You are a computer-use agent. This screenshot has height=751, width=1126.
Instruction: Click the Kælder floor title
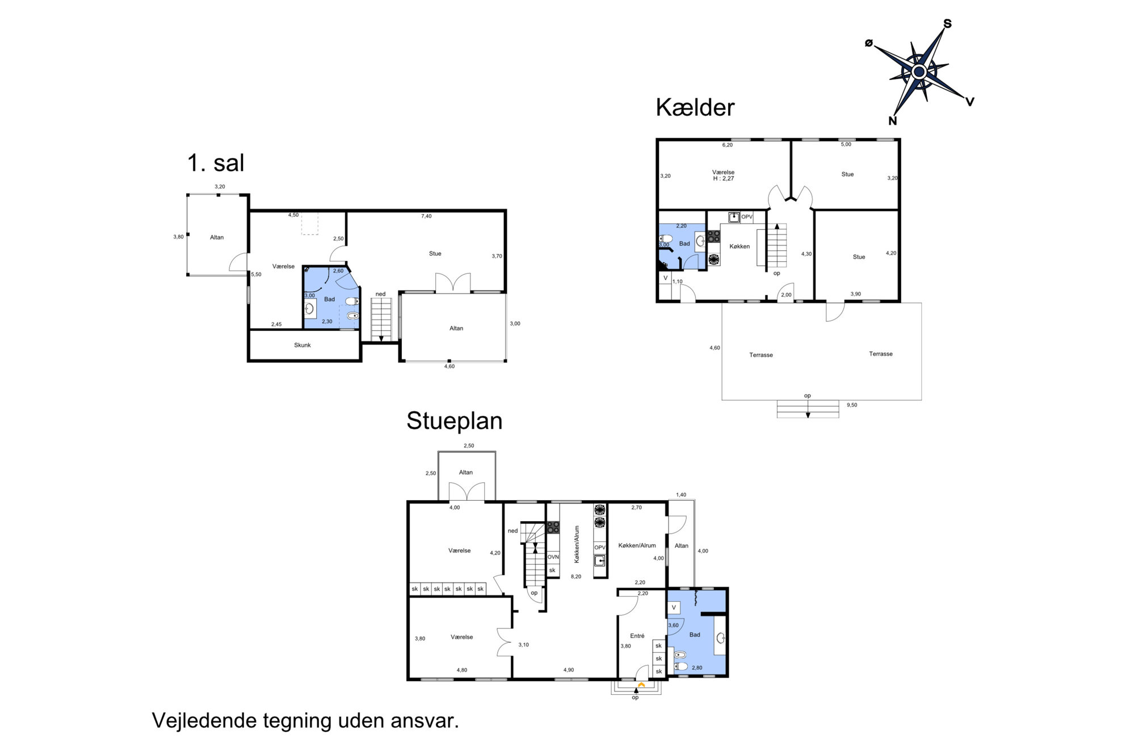click(x=695, y=107)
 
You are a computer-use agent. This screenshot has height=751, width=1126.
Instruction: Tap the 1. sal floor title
click(x=216, y=163)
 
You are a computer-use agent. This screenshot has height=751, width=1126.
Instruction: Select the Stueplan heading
click(x=454, y=421)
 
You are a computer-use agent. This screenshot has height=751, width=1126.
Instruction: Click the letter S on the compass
click(x=947, y=24)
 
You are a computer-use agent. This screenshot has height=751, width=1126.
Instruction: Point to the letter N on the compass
click(x=893, y=121)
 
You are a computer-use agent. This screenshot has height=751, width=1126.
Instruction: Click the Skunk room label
click(x=302, y=345)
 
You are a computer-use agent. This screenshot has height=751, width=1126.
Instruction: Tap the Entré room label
click(x=637, y=636)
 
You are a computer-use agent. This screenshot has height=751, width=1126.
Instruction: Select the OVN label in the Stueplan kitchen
click(x=553, y=557)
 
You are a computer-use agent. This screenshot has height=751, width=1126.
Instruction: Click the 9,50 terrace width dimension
click(x=852, y=405)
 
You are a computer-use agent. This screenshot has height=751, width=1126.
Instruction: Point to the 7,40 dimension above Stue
click(x=426, y=216)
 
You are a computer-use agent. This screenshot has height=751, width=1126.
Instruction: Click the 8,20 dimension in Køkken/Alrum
click(x=576, y=577)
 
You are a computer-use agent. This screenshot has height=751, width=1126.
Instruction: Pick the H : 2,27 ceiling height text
click(x=724, y=179)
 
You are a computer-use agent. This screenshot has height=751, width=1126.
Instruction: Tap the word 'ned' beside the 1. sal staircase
click(x=380, y=294)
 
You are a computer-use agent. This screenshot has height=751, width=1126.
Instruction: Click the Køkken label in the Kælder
click(x=740, y=246)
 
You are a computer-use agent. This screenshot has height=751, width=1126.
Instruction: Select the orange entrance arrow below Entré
click(x=641, y=685)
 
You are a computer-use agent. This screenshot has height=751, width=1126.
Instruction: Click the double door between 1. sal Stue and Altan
click(x=453, y=283)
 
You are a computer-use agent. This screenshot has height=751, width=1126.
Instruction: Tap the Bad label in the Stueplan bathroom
click(x=695, y=635)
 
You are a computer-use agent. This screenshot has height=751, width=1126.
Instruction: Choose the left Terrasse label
click(x=761, y=355)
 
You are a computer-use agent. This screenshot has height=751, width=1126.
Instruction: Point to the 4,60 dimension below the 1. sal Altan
click(x=449, y=367)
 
